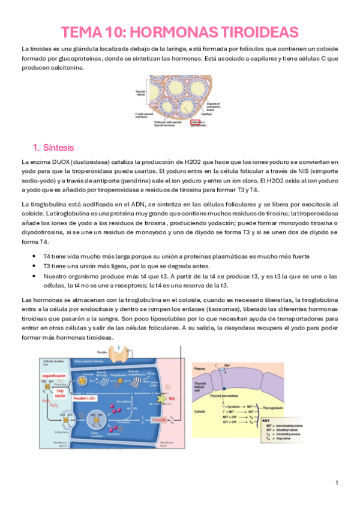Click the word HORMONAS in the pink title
pyautogui.click(x=166, y=32)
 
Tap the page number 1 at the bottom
pyautogui.click(x=337, y=483)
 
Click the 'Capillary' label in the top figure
pyautogui.click(x=224, y=114)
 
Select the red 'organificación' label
pyautogui.click(x=53, y=375)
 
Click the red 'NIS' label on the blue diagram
pyautogui.click(x=172, y=397)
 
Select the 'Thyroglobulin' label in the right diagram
pyautogui.click(x=276, y=408)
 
